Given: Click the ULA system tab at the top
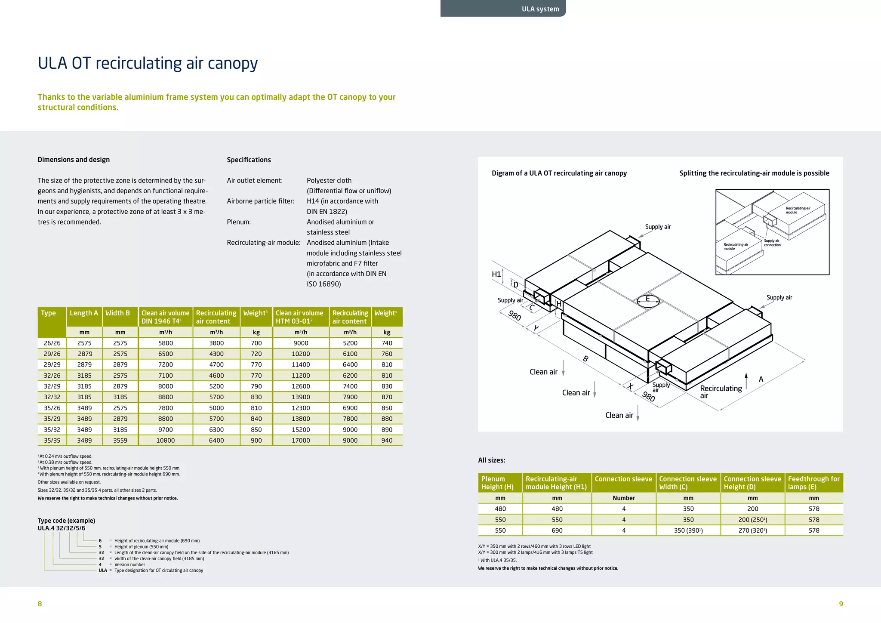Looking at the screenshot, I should point(540,9).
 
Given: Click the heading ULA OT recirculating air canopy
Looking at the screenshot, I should point(148,63).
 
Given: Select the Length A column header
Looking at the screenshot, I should point(84,313).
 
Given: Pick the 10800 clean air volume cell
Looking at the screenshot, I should point(165,441).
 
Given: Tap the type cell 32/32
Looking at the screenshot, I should point(52,397).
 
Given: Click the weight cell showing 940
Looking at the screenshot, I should point(387,441).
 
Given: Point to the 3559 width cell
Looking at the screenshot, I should point(120,441).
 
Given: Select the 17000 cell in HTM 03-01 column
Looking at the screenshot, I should point(301,441).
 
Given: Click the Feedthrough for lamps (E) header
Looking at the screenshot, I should point(813,483).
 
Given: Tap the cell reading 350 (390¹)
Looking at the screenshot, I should point(688,530).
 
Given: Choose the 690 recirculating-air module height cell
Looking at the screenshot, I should point(557,530).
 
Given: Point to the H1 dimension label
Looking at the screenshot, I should point(496,274).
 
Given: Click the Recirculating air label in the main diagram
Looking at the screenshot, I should point(721,392).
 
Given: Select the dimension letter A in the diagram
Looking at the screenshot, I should point(761,379).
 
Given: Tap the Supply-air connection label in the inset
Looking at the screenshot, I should point(772,243).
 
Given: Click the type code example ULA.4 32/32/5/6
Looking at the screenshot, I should point(62,528).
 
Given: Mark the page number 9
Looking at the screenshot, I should point(841,604).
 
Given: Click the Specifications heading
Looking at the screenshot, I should point(249,160).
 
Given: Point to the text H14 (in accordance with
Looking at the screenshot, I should point(342,201).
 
